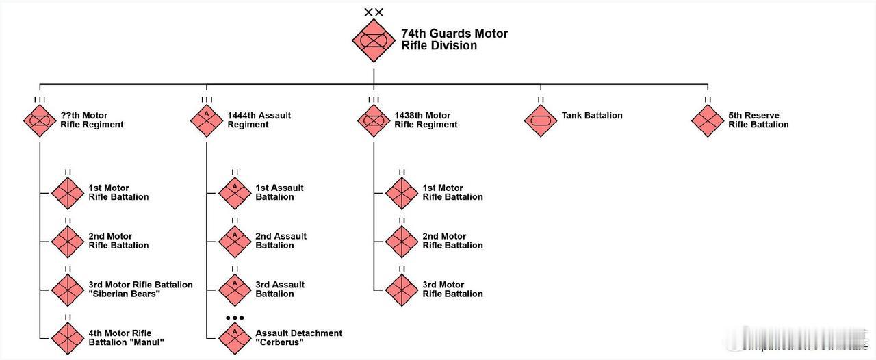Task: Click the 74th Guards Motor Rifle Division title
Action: [x=454, y=40]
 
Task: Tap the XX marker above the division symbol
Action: [x=374, y=12]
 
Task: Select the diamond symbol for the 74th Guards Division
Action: [x=374, y=40]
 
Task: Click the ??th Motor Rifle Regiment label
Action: [x=92, y=120]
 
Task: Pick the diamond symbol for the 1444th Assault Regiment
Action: [x=207, y=120]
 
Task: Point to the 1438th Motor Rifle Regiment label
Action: [x=426, y=120]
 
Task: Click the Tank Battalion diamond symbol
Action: [x=541, y=120]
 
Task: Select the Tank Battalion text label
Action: [x=592, y=116]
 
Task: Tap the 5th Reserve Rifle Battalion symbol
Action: [x=708, y=120]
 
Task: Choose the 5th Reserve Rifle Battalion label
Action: [x=758, y=120]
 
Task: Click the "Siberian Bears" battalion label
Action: [x=140, y=290]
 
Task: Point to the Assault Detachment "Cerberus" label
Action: [x=298, y=338]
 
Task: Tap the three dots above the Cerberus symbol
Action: [x=235, y=318]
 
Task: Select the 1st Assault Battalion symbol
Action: [x=235, y=193]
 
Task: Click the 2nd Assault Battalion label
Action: [x=281, y=241]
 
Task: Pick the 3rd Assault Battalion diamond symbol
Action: [x=235, y=290]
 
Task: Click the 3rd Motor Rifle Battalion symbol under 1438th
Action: [x=402, y=290]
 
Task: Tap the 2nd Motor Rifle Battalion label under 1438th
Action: [x=452, y=241]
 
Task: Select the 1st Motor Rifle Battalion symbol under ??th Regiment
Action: [x=68, y=193]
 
